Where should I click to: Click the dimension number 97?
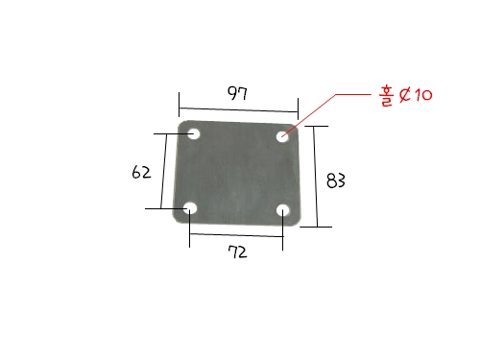[237, 93]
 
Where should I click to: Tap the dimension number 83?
[336, 180]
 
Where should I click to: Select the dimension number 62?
[141, 172]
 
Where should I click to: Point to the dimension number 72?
[237, 252]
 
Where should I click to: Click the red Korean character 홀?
[386, 96]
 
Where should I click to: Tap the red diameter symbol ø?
[405, 95]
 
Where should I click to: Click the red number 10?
[423, 95]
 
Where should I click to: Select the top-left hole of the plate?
[193, 133]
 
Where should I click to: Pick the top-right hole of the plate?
[282, 137]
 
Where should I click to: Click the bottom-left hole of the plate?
[191, 208]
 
